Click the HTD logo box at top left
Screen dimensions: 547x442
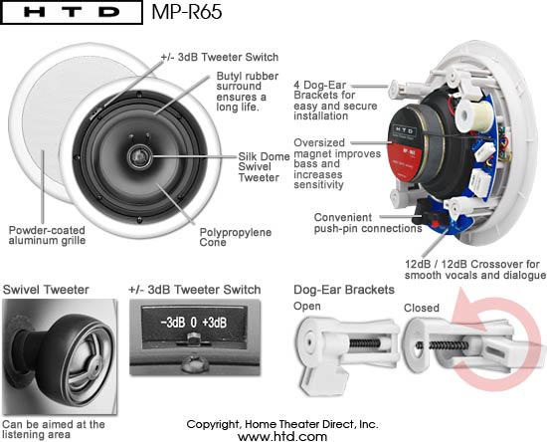[x=72, y=12]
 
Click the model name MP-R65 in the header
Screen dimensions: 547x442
[x=187, y=12]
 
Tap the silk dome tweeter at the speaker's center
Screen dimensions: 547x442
[x=140, y=156]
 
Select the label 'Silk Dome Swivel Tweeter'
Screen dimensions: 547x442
[x=264, y=167]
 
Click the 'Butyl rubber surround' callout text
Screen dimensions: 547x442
[x=248, y=92]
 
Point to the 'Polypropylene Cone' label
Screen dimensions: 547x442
[x=236, y=237]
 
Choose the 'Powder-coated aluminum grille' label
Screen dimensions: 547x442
[x=47, y=235]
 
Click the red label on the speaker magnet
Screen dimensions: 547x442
[x=402, y=160]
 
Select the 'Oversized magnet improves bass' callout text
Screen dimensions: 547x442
[x=337, y=163]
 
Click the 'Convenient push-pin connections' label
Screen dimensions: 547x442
[x=368, y=223]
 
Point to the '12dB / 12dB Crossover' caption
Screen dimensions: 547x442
[x=475, y=270]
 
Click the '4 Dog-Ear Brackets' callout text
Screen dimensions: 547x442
[x=335, y=101]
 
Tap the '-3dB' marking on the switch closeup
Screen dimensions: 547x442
[x=172, y=323]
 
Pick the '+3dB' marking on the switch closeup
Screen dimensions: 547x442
[x=215, y=323]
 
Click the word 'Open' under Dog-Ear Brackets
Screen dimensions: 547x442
[x=307, y=307]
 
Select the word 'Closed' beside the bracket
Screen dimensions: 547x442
[x=422, y=308]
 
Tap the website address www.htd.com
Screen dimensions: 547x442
[x=282, y=436]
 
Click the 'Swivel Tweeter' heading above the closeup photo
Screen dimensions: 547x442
[x=46, y=290]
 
